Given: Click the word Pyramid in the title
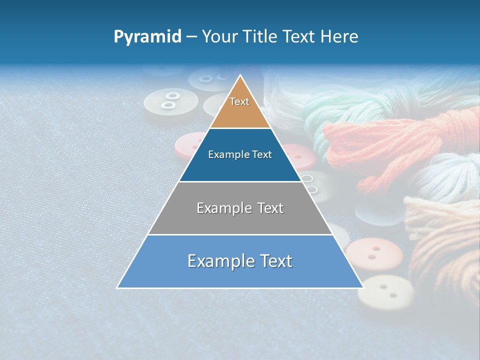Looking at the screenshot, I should point(147,37).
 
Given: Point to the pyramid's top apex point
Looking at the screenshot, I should point(240,75).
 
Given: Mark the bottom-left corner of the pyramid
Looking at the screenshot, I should point(117,288).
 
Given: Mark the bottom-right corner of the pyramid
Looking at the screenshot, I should point(363,288).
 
